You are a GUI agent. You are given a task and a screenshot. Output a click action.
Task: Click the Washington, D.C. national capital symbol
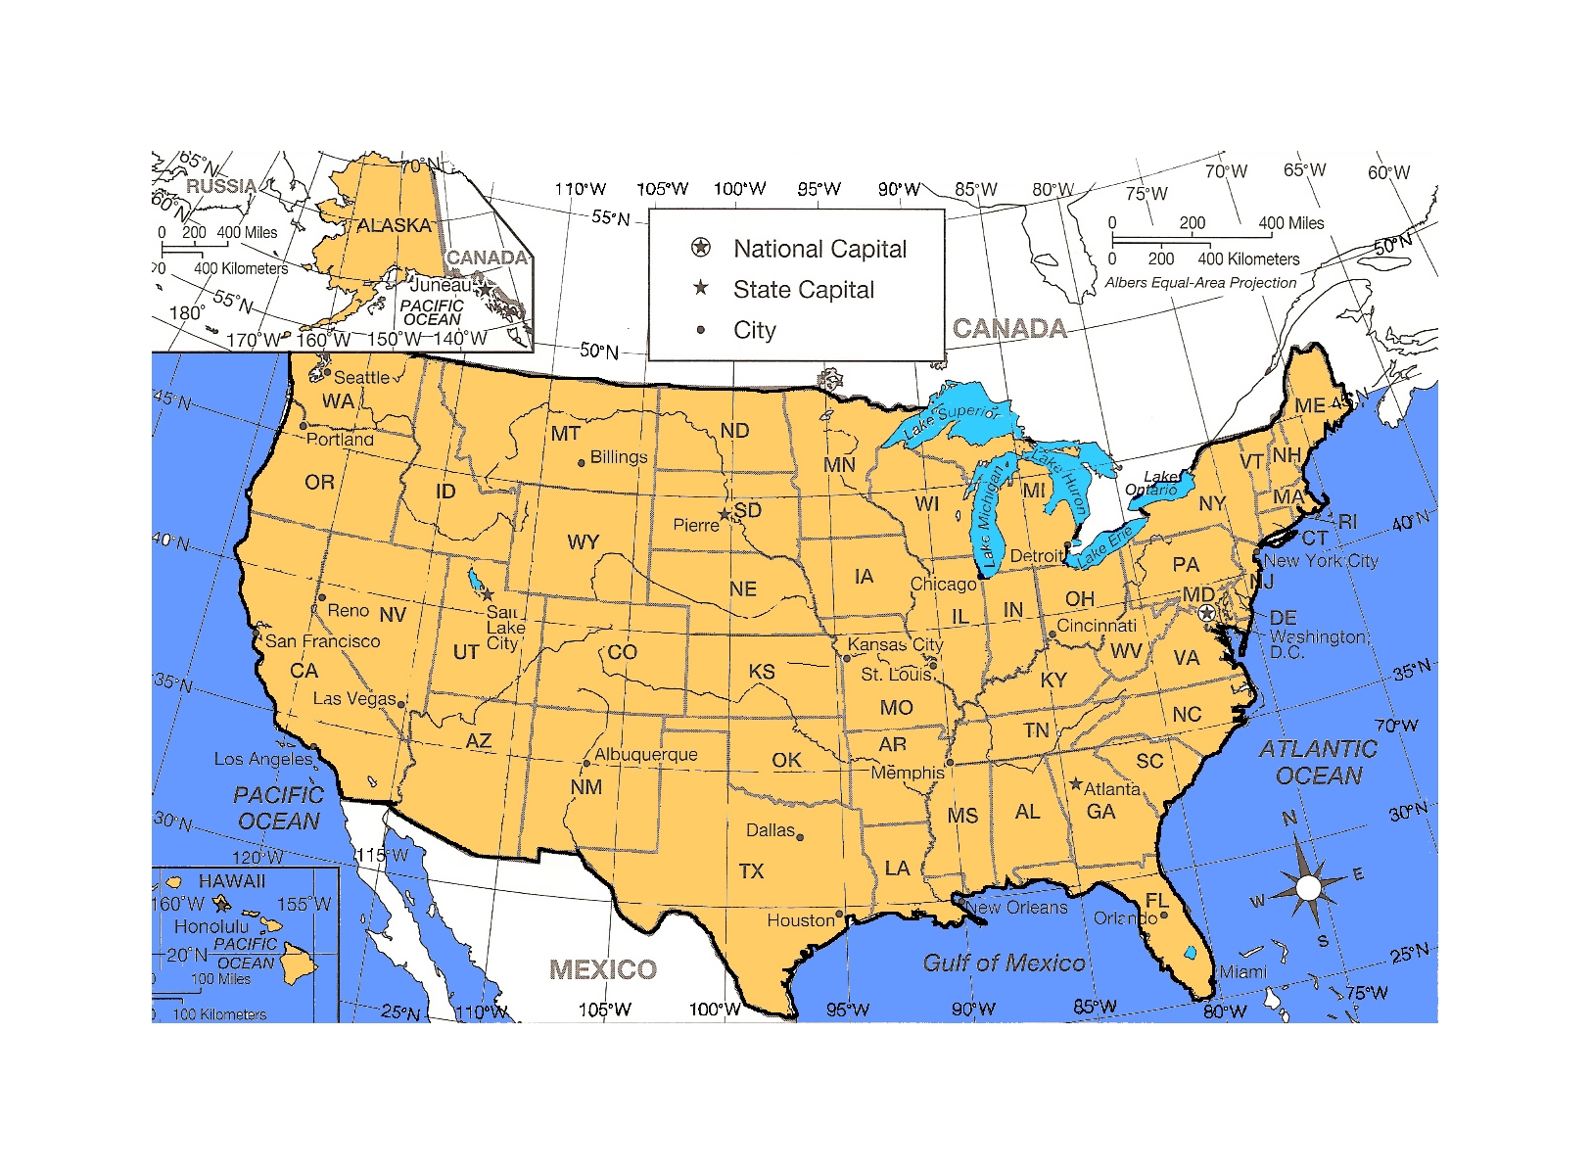point(1206,612)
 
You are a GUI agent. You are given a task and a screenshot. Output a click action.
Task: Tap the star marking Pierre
point(725,514)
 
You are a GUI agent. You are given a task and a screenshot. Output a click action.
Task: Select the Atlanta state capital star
point(1076,784)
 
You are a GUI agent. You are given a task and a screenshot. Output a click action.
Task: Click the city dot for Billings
point(582,462)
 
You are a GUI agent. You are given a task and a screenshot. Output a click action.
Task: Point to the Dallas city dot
point(800,837)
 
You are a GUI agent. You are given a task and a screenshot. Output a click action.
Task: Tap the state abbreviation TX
point(751,871)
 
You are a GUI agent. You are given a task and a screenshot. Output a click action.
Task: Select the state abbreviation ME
point(1309,405)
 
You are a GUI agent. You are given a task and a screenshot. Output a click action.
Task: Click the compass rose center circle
point(1309,888)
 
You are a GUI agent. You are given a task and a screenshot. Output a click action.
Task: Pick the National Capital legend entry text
point(819,249)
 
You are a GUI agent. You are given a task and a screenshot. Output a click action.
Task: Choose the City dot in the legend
point(700,330)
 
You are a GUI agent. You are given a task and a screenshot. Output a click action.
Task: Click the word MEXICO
point(603,969)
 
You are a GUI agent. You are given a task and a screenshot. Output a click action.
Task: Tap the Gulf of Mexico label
point(1004,963)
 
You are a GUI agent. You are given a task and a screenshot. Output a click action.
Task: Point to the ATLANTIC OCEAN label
point(1318,762)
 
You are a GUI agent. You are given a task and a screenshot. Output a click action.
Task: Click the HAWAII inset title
point(231,881)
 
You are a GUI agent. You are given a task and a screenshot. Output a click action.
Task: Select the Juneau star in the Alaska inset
point(484,289)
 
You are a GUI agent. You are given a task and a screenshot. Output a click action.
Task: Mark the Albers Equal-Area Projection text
point(1200,283)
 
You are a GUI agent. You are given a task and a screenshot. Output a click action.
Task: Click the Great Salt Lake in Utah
point(475,580)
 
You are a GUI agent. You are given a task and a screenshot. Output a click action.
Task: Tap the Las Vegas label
point(353,698)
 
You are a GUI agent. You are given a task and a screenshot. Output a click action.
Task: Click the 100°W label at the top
point(739,189)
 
